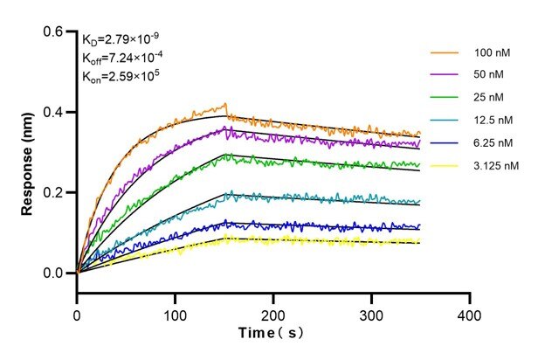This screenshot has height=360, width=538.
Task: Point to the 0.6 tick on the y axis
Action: click(55, 31)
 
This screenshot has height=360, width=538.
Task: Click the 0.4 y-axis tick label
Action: click(55, 112)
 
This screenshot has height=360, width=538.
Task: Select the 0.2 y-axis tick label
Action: click(55, 192)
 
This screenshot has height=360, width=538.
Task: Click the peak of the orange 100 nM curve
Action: click(225, 104)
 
